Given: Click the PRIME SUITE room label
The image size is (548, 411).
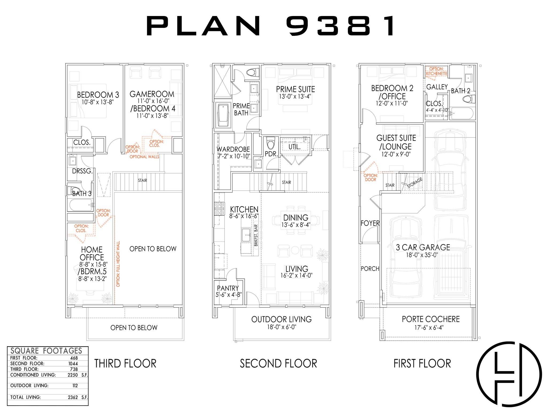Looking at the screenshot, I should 295,89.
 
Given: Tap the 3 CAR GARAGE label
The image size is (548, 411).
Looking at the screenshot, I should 423,247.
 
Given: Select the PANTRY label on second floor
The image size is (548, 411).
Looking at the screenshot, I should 228,288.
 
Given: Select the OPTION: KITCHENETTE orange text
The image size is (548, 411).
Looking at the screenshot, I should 436,71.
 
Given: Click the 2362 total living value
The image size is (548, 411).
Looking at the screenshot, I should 73,397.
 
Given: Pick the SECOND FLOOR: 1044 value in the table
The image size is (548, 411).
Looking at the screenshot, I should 73,364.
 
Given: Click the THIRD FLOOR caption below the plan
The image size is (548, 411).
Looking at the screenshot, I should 125,363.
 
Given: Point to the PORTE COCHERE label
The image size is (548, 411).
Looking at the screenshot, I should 431,319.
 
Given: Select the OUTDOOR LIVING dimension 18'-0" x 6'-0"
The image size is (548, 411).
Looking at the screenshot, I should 281,327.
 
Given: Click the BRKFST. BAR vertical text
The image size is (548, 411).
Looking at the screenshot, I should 256,235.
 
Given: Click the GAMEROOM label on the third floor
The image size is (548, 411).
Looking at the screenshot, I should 152,94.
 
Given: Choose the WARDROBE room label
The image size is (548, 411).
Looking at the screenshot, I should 233,149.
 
